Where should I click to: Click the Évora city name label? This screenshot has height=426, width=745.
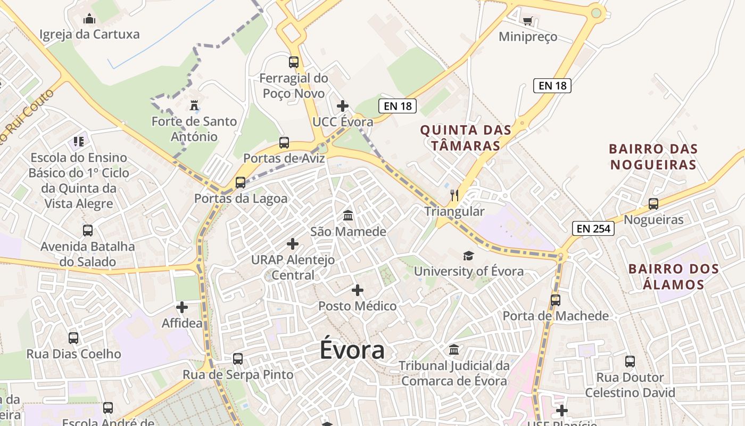point(352,350)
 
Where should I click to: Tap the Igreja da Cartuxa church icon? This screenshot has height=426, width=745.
point(89,20)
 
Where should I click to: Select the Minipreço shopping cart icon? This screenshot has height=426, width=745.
point(527,21)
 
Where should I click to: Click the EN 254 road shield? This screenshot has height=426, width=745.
point(593,229)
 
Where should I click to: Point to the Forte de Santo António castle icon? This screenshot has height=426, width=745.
point(194,105)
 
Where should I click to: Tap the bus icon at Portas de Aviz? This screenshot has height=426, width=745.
point(284,143)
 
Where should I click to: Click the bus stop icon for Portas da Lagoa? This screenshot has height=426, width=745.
point(241,183)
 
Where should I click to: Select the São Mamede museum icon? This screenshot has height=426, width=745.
point(348,216)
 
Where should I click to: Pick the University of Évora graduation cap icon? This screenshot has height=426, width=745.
point(468,256)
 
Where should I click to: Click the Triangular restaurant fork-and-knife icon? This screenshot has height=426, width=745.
point(454,195)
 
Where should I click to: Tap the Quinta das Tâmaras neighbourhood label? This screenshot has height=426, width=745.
point(466,137)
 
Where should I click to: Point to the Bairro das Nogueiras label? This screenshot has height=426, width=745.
point(653,157)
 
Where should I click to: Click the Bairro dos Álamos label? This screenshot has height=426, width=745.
point(673,276)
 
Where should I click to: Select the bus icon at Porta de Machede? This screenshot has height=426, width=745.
point(556,300)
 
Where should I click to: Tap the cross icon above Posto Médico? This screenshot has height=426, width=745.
point(358,290)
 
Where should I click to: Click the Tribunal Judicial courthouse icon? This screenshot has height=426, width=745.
point(454,350)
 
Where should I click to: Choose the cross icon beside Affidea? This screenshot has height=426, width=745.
point(182,307)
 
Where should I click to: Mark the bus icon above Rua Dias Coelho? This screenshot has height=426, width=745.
point(73,338)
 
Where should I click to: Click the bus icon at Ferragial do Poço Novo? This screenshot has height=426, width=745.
point(294,62)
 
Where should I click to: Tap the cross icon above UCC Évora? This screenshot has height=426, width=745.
point(343,106)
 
